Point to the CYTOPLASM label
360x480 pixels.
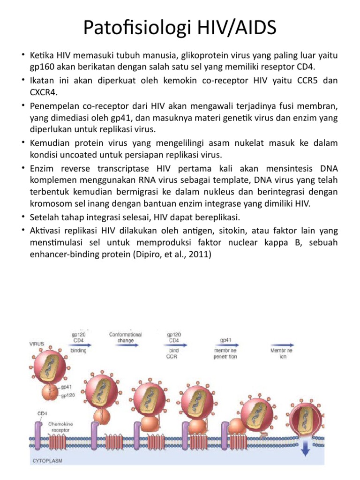point(47,461)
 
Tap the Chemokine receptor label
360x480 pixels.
point(61,426)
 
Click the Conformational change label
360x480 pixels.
point(126,337)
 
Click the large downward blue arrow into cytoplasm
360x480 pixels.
point(305,449)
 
